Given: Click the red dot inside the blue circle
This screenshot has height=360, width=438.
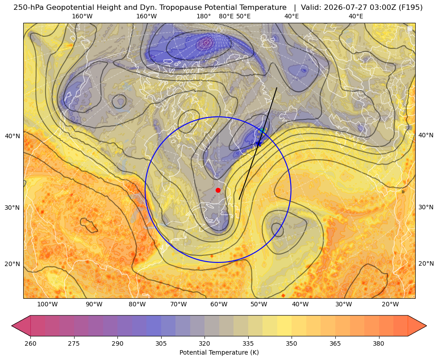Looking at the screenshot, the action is click(218, 190).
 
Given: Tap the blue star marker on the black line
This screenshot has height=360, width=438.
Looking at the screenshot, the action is click(259, 144).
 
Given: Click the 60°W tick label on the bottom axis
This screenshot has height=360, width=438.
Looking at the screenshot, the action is click(219, 304).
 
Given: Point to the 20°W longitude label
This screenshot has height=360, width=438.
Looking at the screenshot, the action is click(390, 304).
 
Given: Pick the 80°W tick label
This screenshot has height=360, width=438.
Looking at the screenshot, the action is click(137, 304).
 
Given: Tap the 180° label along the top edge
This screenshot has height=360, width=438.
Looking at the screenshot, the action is click(204, 16).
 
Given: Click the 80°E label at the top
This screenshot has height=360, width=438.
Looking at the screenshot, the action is click(226, 16).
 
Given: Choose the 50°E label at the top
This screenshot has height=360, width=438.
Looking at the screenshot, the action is click(243, 16).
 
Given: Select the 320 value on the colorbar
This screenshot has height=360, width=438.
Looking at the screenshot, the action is click(204, 343).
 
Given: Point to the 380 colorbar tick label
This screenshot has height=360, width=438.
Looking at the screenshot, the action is click(379, 343).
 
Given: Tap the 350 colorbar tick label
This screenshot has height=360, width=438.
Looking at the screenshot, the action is click(292, 343).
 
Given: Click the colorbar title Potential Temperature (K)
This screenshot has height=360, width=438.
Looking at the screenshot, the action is click(219, 352).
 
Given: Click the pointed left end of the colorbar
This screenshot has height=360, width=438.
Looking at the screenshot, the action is click(12, 326).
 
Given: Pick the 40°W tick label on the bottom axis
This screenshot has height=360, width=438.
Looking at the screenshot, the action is click(300, 304).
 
